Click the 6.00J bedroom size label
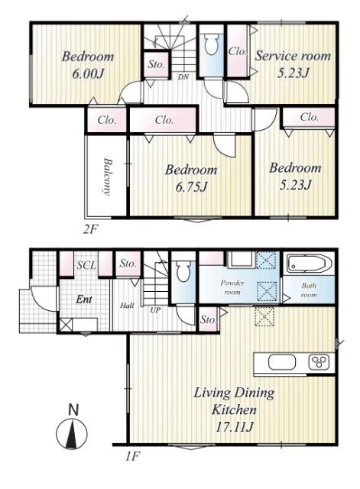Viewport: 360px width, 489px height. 88,74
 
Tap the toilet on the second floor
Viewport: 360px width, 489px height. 211,44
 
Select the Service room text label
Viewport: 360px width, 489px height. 293,56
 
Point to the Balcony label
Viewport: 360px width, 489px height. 108,176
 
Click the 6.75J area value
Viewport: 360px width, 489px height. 191,186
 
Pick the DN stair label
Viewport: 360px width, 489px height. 183,76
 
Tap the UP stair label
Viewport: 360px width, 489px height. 155,310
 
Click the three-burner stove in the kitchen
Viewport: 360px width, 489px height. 319,362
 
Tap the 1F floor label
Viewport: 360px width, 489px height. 132,457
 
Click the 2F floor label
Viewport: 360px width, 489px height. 90,229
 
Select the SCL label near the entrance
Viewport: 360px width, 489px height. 86,265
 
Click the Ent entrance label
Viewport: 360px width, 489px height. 84,300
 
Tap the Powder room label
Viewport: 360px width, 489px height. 232,287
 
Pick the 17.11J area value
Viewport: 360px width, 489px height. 234,426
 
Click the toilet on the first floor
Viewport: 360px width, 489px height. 183,272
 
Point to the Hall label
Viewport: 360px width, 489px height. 128,306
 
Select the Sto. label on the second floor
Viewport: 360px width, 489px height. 156,64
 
